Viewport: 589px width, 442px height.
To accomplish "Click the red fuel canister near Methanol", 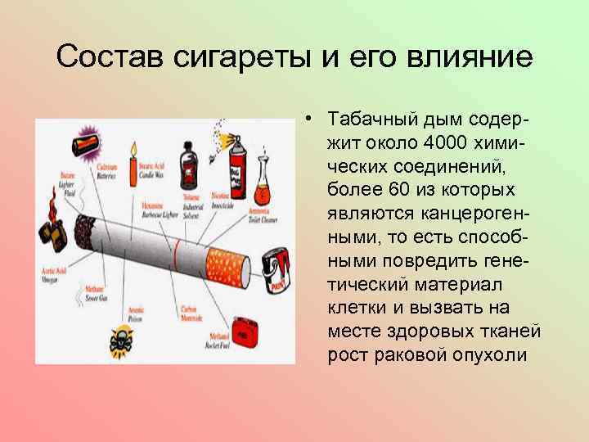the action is [243, 331].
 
